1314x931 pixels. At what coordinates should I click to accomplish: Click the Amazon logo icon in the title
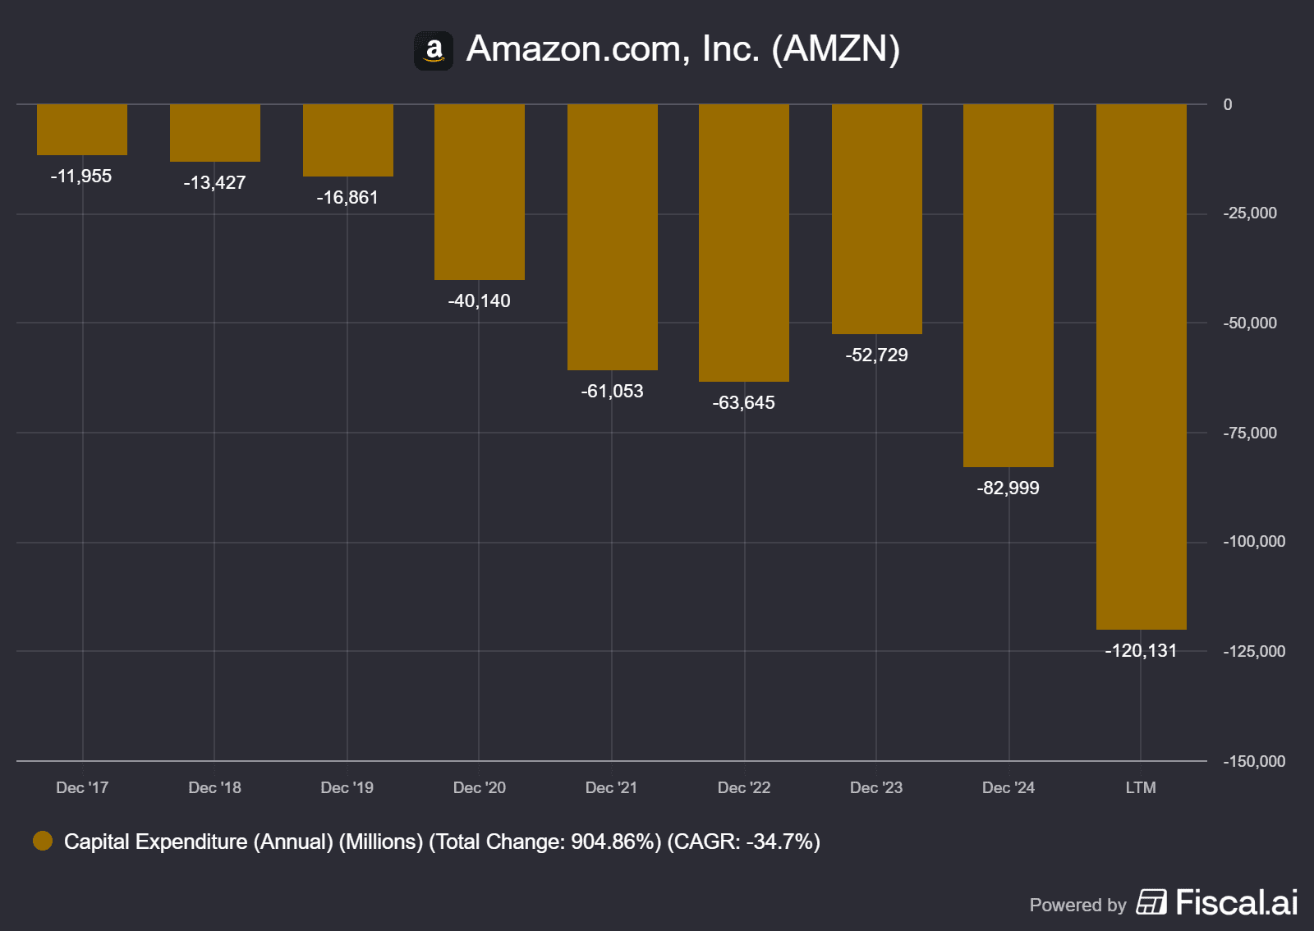tap(434, 51)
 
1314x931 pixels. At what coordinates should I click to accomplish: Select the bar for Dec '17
tap(82, 130)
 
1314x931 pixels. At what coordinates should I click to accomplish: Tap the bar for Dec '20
tap(480, 192)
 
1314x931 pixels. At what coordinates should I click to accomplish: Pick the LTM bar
tap(1142, 367)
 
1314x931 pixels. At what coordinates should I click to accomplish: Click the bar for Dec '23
tap(877, 219)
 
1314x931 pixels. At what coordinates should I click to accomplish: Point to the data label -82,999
tap(1008, 488)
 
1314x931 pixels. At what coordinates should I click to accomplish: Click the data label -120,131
tap(1142, 651)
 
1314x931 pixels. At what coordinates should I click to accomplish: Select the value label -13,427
tap(215, 183)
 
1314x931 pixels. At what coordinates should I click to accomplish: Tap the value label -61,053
tap(613, 392)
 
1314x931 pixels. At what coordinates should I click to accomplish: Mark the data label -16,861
tap(348, 198)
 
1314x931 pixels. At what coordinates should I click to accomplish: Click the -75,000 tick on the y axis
tap(1250, 433)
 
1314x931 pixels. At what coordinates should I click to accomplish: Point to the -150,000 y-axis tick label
tap(1254, 762)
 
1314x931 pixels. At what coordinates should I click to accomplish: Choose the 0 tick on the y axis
tap(1228, 105)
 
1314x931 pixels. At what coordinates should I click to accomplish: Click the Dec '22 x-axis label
tap(744, 788)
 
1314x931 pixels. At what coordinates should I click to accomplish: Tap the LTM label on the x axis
tap(1141, 788)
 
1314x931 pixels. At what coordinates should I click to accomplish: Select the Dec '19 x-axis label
tap(347, 788)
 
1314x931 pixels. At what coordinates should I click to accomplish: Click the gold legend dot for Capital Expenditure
tap(43, 842)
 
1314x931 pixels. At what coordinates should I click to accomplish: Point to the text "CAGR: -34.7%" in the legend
tap(743, 842)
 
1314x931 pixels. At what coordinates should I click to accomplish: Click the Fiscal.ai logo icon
tap(1151, 902)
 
